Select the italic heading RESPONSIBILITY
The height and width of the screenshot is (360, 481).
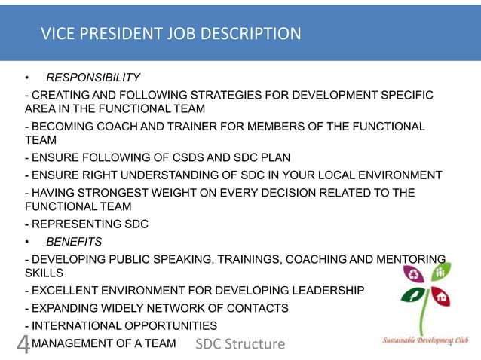pos(93,78)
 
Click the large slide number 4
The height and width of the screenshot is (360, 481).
pos(23,344)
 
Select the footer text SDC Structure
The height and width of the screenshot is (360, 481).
pos(240,344)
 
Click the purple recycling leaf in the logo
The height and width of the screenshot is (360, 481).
pos(414,275)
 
